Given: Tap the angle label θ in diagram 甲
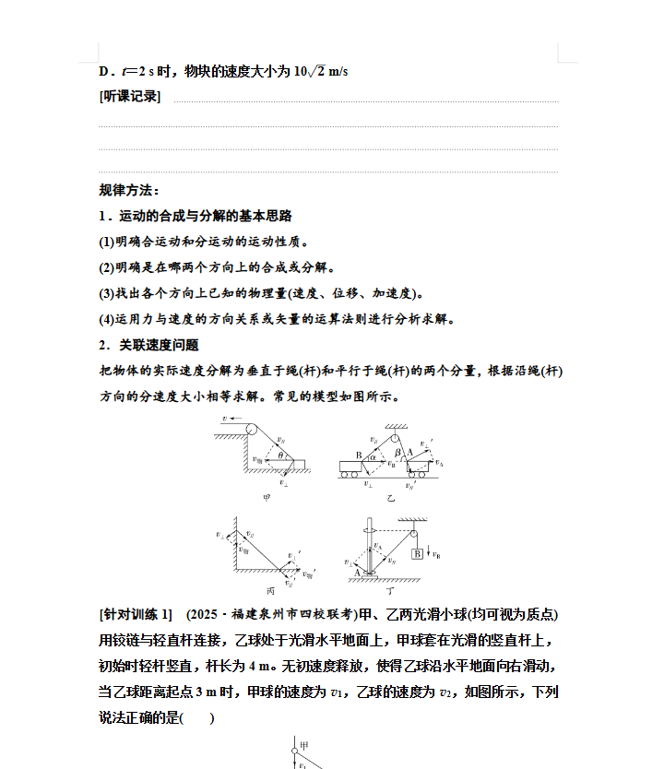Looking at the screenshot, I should [x=281, y=454].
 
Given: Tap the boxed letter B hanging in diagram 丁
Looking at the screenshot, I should [x=417, y=553].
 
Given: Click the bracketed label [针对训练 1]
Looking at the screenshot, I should [x=135, y=614].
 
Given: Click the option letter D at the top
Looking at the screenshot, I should [x=104, y=71].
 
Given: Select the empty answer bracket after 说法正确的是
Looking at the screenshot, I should [x=198, y=717].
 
